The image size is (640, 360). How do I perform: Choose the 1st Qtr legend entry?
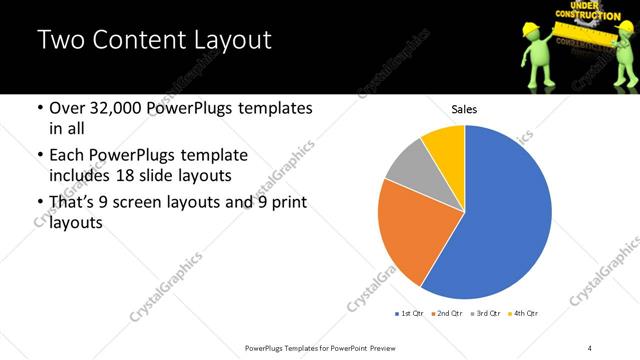coord(409,314)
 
